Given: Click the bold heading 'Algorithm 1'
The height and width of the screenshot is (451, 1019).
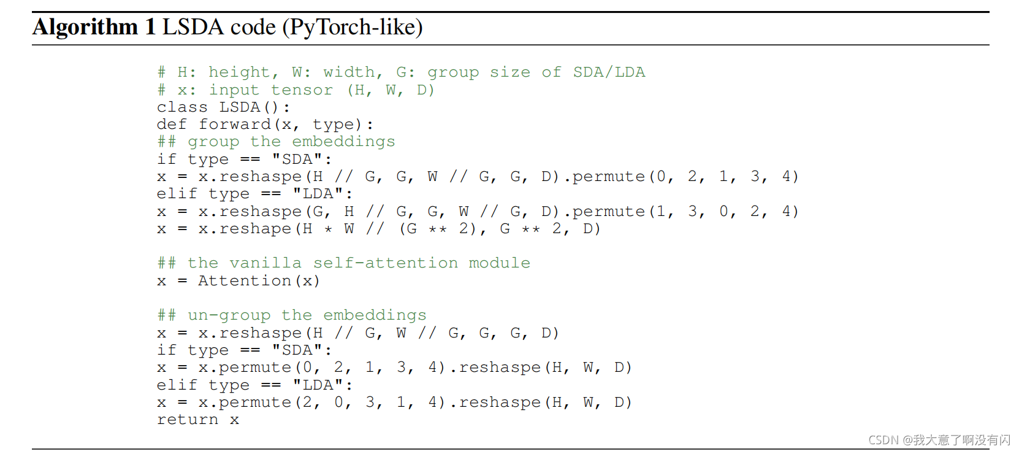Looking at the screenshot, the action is click(93, 27).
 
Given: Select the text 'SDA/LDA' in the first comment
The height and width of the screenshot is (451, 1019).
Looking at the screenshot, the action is click(609, 72).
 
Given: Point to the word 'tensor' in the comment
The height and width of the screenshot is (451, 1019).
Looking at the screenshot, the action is click(302, 90).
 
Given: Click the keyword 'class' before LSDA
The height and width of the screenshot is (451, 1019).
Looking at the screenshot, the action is click(182, 107).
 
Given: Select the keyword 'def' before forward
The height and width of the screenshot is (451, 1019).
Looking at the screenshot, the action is click(172, 125).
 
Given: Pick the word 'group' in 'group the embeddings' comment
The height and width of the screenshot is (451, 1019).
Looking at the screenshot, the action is click(213, 142).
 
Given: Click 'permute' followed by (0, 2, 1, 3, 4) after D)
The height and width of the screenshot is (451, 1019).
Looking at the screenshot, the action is click(608, 177).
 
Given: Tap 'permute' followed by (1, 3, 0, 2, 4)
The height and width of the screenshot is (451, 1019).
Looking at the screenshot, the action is click(608, 212).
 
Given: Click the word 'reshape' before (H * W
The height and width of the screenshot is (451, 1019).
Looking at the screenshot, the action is click(254, 229).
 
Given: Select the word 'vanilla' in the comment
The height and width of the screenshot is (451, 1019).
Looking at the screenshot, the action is click(265, 263).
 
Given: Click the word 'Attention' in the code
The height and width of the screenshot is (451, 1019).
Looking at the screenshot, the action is click(244, 281).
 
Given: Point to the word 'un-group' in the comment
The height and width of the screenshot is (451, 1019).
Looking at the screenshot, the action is click(229, 315).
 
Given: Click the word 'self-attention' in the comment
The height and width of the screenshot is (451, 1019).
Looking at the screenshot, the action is click(385, 263).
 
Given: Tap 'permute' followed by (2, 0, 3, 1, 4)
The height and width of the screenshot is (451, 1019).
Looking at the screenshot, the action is click(254, 403).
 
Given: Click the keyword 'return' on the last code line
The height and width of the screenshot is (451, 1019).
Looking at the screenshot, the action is click(187, 420).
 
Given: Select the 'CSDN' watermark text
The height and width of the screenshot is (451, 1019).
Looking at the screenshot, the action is click(883, 440).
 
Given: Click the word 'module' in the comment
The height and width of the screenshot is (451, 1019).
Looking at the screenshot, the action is click(499, 263).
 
